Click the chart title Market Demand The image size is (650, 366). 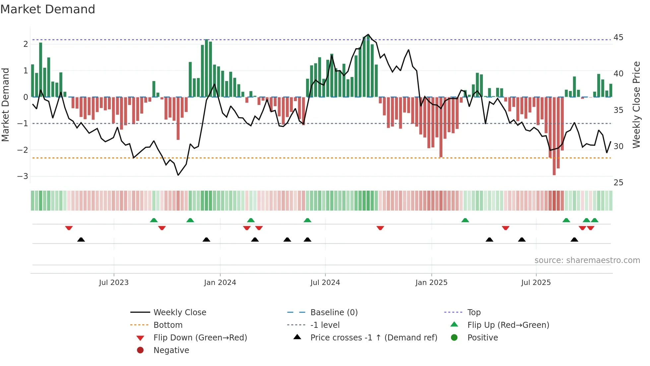click(x=48, y=9)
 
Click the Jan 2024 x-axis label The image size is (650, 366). click(x=220, y=283)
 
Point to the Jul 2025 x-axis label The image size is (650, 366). click(x=536, y=283)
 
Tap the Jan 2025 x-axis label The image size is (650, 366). click(x=431, y=283)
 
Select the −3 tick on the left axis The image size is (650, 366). click(x=23, y=176)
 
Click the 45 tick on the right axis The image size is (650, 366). click(x=618, y=38)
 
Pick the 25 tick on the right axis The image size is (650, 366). click(x=618, y=183)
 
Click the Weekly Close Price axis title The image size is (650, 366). click(x=636, y=105)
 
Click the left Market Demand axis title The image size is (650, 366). click(x=5, y=105)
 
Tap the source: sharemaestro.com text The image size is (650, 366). click(x=587, y=260)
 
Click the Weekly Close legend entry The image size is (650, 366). click(x=179, y=313)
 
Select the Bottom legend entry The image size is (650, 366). click(x=168, y=325)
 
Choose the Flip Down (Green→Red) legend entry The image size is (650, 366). click(x=200, y=338)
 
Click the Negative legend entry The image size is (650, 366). click(x=171, y=350)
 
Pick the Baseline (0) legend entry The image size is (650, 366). click(x=334, y=313)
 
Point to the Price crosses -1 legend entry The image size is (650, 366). click(x=373, y=338)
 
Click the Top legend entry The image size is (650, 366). click(x=474, y=313)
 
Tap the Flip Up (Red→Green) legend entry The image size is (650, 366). click(x=508, y=325)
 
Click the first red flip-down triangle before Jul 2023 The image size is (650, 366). click(x=69, y=228)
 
